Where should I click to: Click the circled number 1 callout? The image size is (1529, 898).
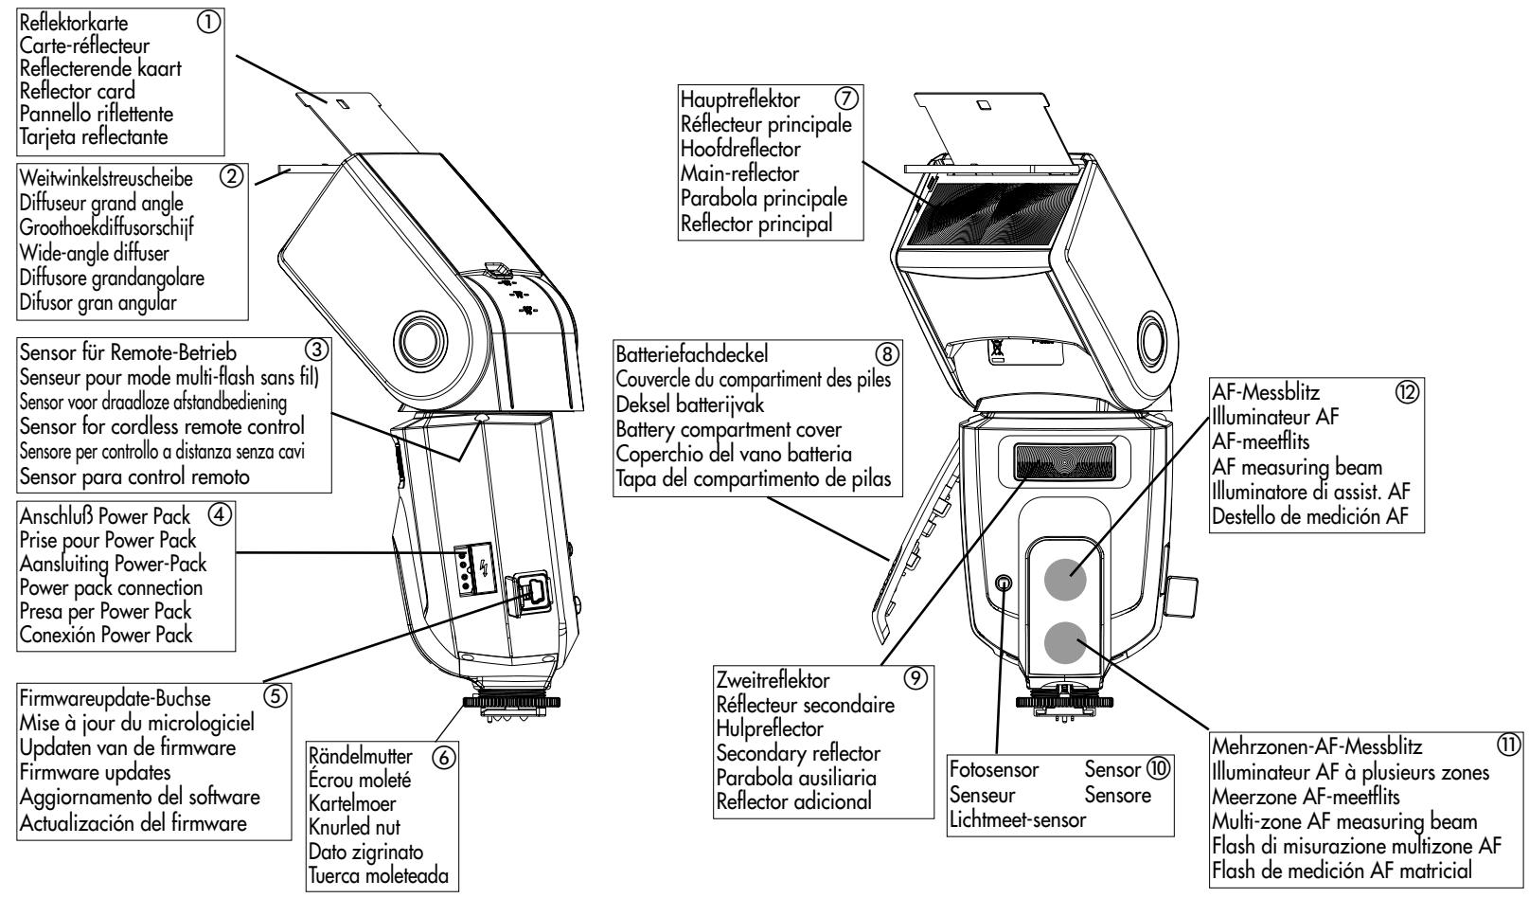point(209,23)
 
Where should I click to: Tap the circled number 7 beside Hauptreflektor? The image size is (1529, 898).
point(846,99)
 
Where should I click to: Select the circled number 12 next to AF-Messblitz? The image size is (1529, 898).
point(1407,392)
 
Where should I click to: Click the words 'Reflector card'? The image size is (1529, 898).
point(77,91)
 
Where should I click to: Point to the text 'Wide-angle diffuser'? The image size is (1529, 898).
point(94,253)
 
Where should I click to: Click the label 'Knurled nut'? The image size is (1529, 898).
point(354,827)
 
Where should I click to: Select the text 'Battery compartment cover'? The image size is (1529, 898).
point(728,429)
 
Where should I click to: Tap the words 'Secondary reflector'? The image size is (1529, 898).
point(798,753)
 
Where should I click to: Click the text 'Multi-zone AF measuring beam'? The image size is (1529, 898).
point(1344,821)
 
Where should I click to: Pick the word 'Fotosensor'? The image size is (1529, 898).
point(994,769)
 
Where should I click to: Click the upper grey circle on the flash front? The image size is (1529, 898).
point(1065,579)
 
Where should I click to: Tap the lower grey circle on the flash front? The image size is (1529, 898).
point(1065,642)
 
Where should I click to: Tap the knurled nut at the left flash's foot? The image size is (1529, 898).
point(511,701)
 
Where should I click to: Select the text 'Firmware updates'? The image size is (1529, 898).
point(95,772)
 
